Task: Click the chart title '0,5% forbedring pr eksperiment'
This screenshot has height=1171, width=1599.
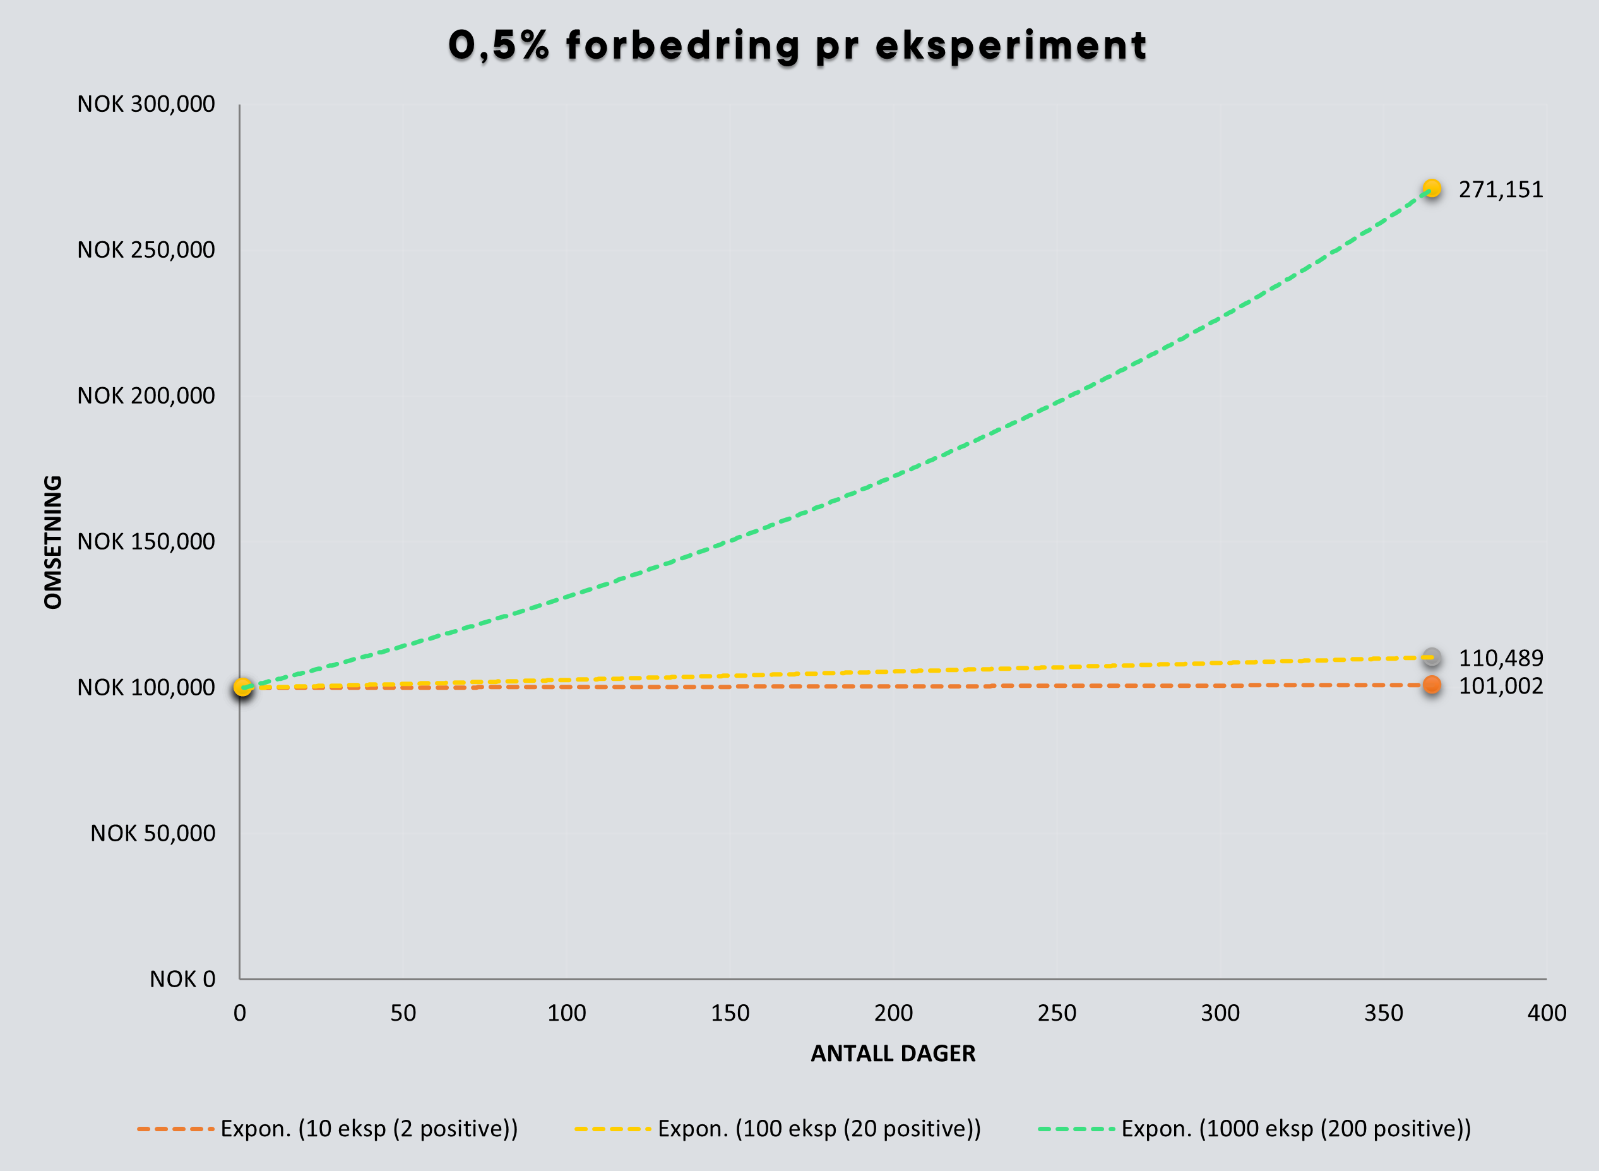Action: (x=798, y=46)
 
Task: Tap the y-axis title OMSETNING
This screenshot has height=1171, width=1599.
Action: (x=53, y=543)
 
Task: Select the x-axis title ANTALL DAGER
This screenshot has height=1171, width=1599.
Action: (x=893, y=1054)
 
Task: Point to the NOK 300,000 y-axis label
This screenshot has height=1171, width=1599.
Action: (x=146, y=104)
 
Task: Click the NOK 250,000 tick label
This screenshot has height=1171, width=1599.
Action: (x=146, y=250)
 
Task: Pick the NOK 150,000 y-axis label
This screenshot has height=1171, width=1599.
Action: (x=146, y=541)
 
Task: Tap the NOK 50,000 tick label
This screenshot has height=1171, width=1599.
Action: (x=152, y=834)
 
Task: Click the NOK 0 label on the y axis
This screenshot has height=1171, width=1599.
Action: (x=182, y=979)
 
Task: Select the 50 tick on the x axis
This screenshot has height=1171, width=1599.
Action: (x=403, y=1013)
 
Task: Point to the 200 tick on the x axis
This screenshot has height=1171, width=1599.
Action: (x=893, y=1013)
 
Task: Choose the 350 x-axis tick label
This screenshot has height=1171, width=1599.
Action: (x=1384, y=1013)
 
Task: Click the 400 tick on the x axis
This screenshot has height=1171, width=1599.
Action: (x=1547, y=1013)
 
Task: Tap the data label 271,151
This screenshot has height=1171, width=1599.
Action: (x=1501, y=190)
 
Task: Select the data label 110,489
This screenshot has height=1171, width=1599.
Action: (x=1501, y=659)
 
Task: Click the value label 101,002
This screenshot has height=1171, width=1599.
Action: (x=1501, y=686)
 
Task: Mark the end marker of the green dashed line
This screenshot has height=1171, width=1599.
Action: (x=1432, y=189)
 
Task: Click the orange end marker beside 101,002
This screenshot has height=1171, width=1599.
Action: (x=1432, y=685)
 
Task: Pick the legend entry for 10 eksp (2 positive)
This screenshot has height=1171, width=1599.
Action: (x=327, y=1129)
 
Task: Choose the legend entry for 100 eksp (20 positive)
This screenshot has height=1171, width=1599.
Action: (x=778, y=1129)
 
